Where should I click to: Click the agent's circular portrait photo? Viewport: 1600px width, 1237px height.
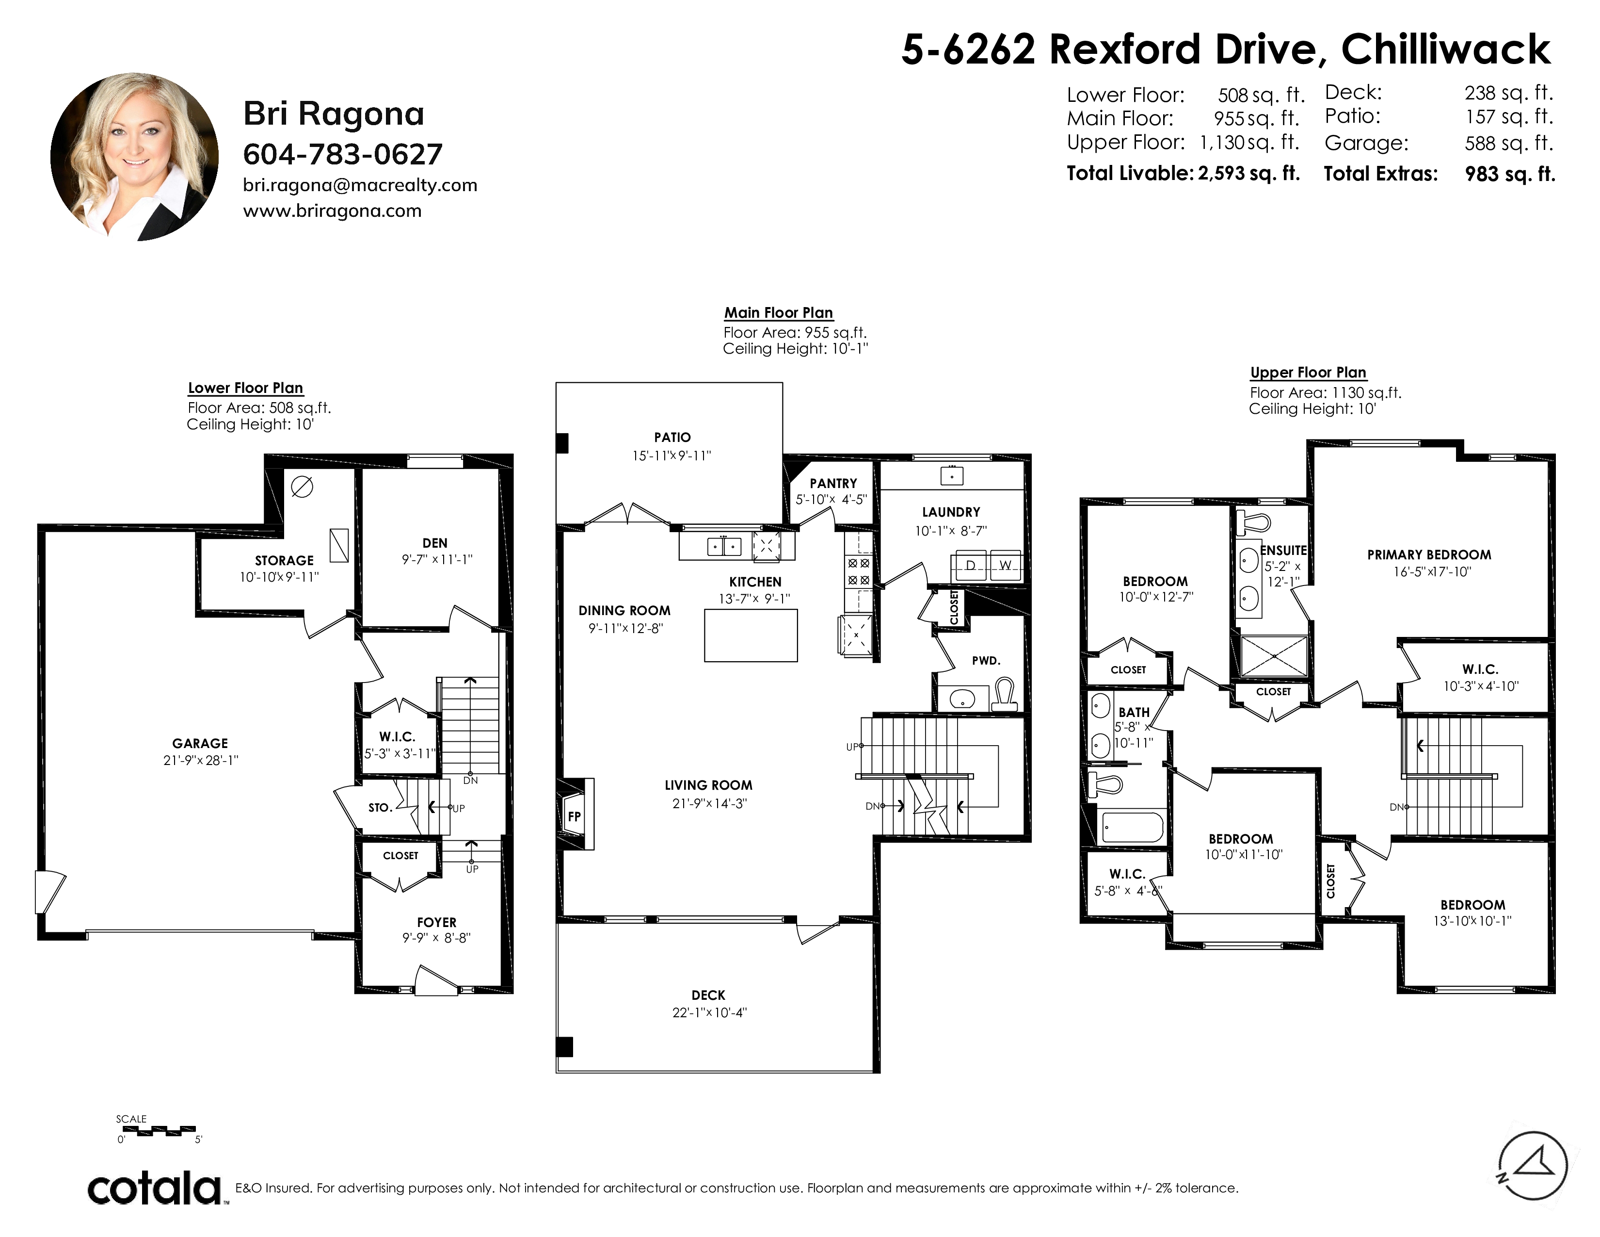pyautogui.click(x=134, y=157)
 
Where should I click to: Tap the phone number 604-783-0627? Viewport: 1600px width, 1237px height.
pyautogui.click(x=343, y=154)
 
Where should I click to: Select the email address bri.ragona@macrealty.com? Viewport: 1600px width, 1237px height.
pyautogui.click(x=360, y=185)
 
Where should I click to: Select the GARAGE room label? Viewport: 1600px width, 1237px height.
pyautogui.click(x=200, y=743)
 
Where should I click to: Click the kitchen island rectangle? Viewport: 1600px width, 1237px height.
pyautogui.click(x=751, y=636)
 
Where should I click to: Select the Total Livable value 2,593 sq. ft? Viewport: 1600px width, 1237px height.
pyautogui.click(x=1249, y=173)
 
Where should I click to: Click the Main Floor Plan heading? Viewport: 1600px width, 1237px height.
pyautogui.click(x=778, y=313)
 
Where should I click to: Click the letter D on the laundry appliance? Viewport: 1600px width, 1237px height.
pyautogui.click(x=970, y=565)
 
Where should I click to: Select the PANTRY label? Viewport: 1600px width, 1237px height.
pyautogui.click(x=833, y=484)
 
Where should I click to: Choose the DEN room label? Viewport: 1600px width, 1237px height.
pyautogui.click(x=435, y=543)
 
